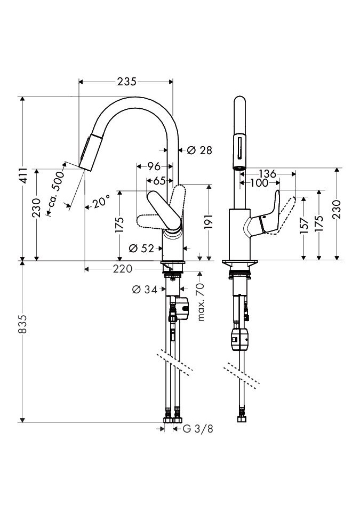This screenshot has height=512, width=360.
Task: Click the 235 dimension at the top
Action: coord(126,82)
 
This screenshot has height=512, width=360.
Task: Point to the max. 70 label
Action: coord(201,302)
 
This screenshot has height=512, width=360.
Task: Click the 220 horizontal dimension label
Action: coord(122,269)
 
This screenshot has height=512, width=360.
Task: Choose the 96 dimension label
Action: coord(154,166)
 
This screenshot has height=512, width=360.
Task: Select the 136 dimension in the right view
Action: coord(267,173)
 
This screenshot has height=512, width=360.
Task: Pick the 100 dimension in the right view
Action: coord(258,183)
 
